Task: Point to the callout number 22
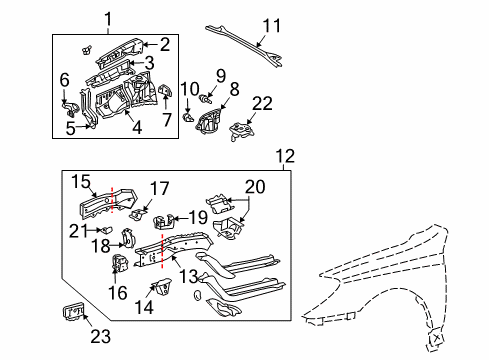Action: coord(263,105)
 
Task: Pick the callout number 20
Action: coord(64,78)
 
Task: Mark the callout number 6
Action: coord(64,78)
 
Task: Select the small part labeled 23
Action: coord(70,313)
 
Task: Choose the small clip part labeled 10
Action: coord(188,116)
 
